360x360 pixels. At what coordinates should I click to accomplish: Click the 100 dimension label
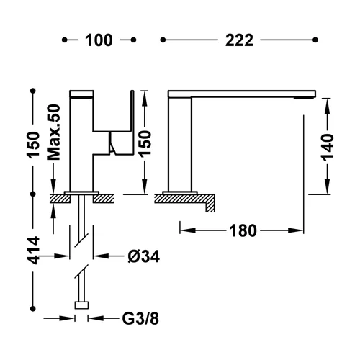99,40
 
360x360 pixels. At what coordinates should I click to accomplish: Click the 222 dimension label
239,40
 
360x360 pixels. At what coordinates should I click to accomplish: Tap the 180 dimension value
243,230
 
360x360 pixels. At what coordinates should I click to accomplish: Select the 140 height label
328,147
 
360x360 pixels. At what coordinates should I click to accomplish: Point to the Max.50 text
53,132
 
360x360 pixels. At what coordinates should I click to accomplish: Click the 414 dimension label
33,251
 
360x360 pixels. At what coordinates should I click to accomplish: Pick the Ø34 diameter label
144,256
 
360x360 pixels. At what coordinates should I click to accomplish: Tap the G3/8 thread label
140,319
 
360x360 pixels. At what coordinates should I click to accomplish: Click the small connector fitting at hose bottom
81,305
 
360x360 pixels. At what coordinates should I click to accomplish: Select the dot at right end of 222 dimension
315,40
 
